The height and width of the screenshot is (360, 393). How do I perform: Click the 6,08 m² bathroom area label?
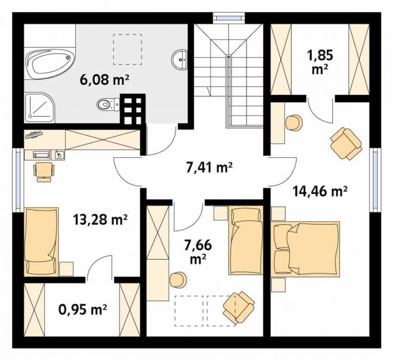coord(104,80)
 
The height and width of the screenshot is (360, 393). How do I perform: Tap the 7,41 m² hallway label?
coord(209,168)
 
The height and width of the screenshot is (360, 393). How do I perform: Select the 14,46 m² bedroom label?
coord(320,192)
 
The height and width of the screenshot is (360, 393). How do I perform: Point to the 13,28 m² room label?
coord(100,220)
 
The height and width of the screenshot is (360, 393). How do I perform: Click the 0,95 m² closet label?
coord(83,310)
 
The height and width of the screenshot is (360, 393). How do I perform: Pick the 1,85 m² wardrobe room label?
coord(321,62)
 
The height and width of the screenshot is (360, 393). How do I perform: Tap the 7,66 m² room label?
coord(198,252)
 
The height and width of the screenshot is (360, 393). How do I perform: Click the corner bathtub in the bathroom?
coord(50,63)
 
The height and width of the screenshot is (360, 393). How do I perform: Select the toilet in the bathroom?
coord(108,104)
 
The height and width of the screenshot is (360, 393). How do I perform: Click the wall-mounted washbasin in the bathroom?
coord(180,60)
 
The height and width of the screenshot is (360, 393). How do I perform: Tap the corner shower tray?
coord(40,108)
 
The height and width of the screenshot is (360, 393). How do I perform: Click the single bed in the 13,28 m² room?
coord(41,241)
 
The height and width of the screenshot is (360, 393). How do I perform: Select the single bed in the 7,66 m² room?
coord(246,240)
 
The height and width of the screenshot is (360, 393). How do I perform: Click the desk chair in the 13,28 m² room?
coord(44,172)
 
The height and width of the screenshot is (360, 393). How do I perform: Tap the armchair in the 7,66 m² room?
coord(239,307)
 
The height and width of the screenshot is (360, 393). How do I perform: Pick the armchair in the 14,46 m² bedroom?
coord(346,143)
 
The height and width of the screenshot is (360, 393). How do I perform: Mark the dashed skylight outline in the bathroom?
coord(127,49)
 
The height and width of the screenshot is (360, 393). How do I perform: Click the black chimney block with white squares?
coord(132,109)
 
